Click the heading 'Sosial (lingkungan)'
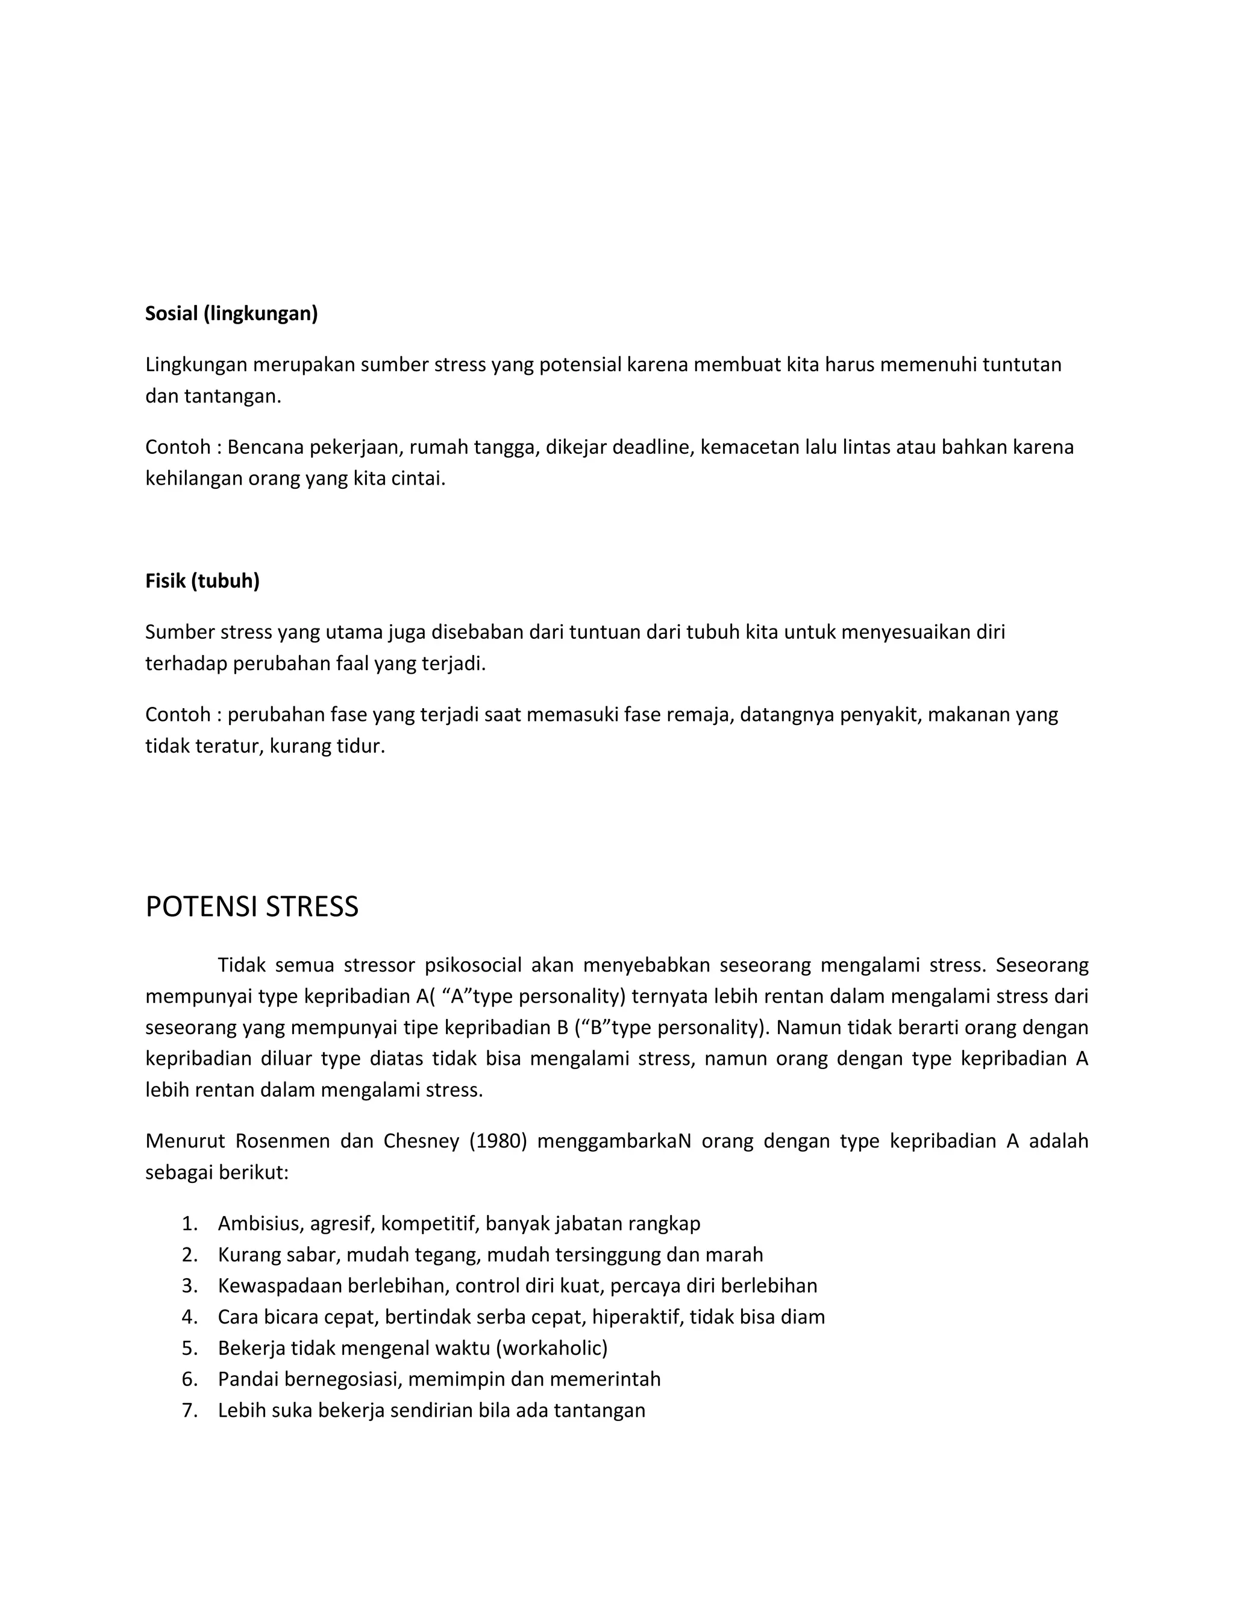pyautogui.click(x=231, y=314)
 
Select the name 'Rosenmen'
pyautogui.click(x=282, y=1141)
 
